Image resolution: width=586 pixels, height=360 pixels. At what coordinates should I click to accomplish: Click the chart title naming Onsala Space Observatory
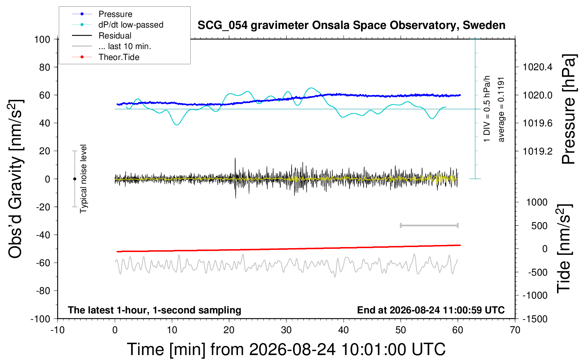tap(351, 25)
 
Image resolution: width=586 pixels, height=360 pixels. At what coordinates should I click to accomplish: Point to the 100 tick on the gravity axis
tap(42, 40)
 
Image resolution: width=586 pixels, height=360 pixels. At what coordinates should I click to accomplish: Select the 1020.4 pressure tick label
tap(538, 67)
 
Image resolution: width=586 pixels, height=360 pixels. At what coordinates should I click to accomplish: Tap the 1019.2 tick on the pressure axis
tap(538, 151)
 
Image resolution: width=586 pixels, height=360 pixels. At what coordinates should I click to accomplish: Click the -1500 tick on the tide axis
tap(535, 319)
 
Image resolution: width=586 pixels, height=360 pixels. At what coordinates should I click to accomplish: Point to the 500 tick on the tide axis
tap(539, 226)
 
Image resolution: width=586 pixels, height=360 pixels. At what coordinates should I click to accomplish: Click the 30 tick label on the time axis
tap(286, 330)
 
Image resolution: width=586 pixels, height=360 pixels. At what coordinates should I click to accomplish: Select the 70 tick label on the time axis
tap(515, 330)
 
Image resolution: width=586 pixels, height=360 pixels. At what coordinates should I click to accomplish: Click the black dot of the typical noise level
tap(74, 179)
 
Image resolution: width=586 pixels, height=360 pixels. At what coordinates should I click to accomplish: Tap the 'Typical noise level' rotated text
tap(83, 179)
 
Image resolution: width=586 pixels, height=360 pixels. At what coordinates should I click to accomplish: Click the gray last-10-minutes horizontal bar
tap(429, 226)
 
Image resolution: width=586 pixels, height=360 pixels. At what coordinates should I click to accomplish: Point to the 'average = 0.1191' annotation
tap(501, 110)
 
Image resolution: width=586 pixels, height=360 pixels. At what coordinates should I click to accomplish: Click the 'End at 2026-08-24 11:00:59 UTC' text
tap(431, 310)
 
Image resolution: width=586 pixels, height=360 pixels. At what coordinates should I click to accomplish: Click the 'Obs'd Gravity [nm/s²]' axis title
tap(15, 179)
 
